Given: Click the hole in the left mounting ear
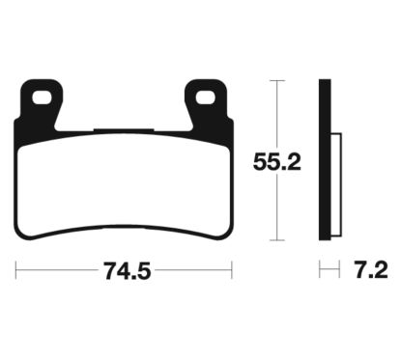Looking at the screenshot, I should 42,97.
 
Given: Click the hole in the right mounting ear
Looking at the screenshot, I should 205,97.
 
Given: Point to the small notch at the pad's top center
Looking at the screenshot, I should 123,128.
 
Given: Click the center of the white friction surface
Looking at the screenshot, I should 123,179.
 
